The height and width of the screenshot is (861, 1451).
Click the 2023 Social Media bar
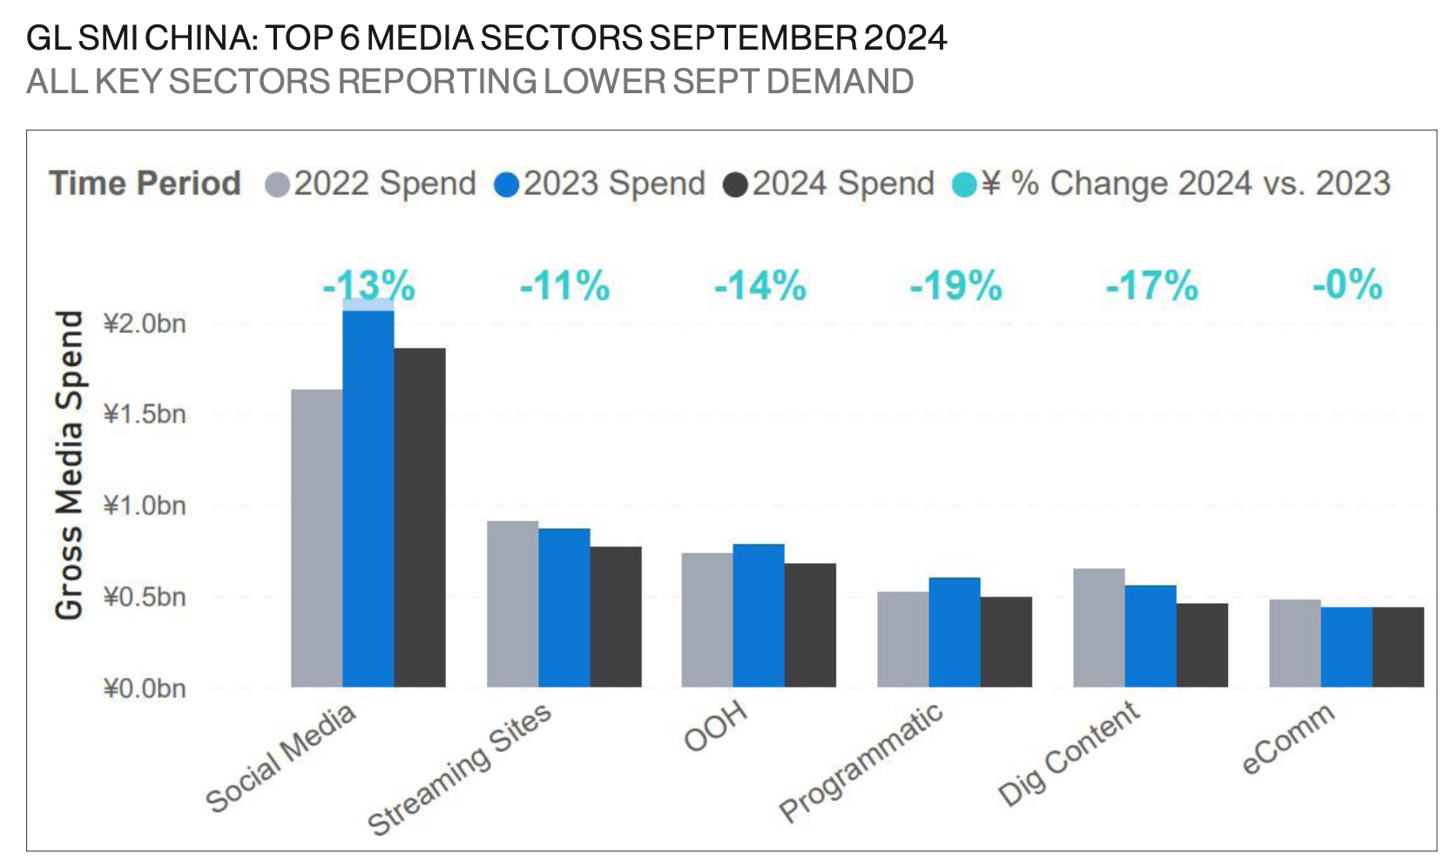(368, 497)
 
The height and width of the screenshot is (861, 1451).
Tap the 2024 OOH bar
(810, 625)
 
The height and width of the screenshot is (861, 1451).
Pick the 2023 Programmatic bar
(955, 632)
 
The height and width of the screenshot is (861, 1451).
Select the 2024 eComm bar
(1398, 647)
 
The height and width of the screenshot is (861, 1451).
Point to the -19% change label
(956, 286)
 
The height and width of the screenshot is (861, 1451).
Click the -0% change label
(1347, 285)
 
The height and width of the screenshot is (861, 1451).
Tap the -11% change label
(565, 286)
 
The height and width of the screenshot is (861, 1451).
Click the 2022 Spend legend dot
(277, 185)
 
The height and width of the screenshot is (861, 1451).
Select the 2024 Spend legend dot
(735, 185)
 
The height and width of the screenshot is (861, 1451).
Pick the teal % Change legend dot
(964, 185)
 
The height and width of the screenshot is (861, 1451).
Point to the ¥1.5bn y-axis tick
(145, 414)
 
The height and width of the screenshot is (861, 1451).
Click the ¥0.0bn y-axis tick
(145, 688)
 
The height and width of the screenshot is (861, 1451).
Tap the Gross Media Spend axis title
(70, 465)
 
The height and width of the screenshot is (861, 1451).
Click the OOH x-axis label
(716, 725)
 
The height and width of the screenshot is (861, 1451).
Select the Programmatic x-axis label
(860, 762)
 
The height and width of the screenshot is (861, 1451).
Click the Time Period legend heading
(145, 184)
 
